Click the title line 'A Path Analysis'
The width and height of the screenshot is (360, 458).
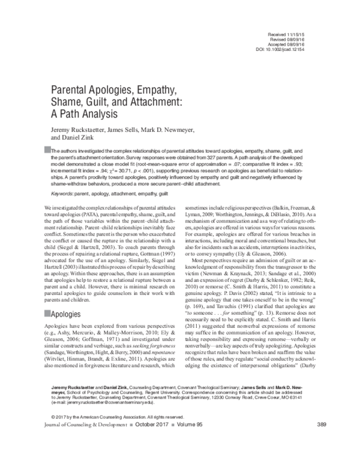coord(79,115)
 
